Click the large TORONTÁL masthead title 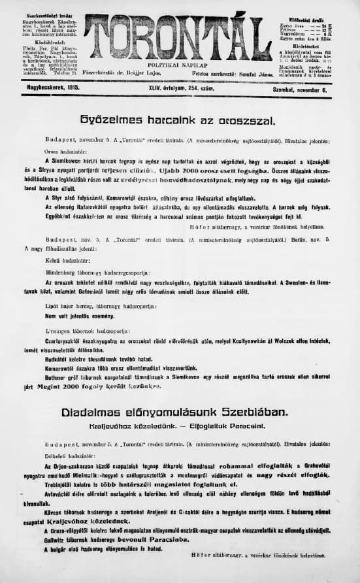(x=178, y=37)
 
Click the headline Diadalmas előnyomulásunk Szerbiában (x=174, y=412)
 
